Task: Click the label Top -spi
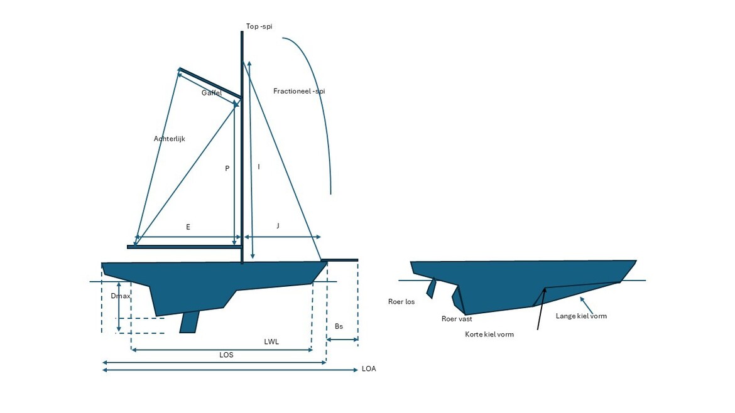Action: click(259, 26)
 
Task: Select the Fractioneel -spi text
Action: click(299, 91)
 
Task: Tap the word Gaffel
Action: click(212, 93)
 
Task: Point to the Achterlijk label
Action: click(169, 139)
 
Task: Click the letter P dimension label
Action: click(227, 168)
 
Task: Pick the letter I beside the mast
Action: click(259, 167)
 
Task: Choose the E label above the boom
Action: click(188, 227)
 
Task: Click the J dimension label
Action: click(278, 226)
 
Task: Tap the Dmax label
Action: click(121, 296)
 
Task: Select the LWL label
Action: click(271, 342)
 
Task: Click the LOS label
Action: click(226, 355)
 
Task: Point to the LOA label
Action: click(369, 369)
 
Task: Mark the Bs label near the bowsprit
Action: click(339, 326)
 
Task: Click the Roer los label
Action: click(401, 301)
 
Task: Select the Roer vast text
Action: click(457, 319)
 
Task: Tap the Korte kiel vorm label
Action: click(489, 335)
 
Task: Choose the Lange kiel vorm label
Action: click(581, 316)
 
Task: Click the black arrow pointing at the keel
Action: click(542, 309)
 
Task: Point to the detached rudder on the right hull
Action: click(431, 289)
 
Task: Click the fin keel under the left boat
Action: click(189, 322)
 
